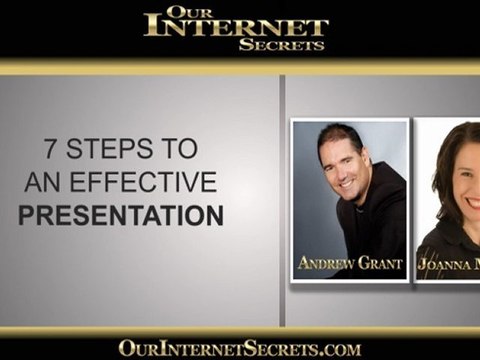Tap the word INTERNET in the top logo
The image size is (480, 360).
coord(236,28)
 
